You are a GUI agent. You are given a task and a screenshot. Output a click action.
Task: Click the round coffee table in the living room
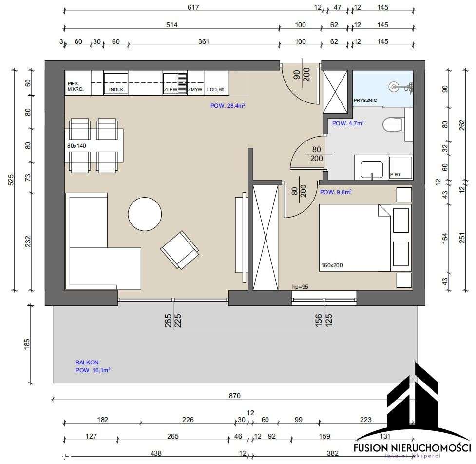(x=145, y=214)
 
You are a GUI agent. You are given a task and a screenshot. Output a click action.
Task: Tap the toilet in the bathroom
(x=393, y=125)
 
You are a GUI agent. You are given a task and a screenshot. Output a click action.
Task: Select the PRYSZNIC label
(x=367, y=100)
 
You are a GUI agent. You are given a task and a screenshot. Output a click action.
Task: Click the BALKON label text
(x=87, y=363)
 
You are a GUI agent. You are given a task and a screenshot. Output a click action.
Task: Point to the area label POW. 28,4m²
(x=228, y=105)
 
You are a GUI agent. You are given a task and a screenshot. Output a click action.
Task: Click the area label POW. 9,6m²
(x=336, y=192)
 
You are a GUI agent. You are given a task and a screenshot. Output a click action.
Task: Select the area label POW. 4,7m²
(x=348, y=123)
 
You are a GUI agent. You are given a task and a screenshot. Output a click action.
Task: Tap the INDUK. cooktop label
(x=117, y=90)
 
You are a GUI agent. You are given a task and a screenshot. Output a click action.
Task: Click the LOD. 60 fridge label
(x=215, y=90)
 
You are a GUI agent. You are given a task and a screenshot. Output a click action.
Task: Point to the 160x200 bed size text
(x=333, y=266)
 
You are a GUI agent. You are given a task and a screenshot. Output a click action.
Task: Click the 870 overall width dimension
(x=235, y=396)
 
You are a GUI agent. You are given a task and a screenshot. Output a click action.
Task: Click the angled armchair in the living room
(x=180, y=249)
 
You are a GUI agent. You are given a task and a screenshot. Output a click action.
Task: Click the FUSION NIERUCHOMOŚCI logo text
(x=412, y=447)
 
